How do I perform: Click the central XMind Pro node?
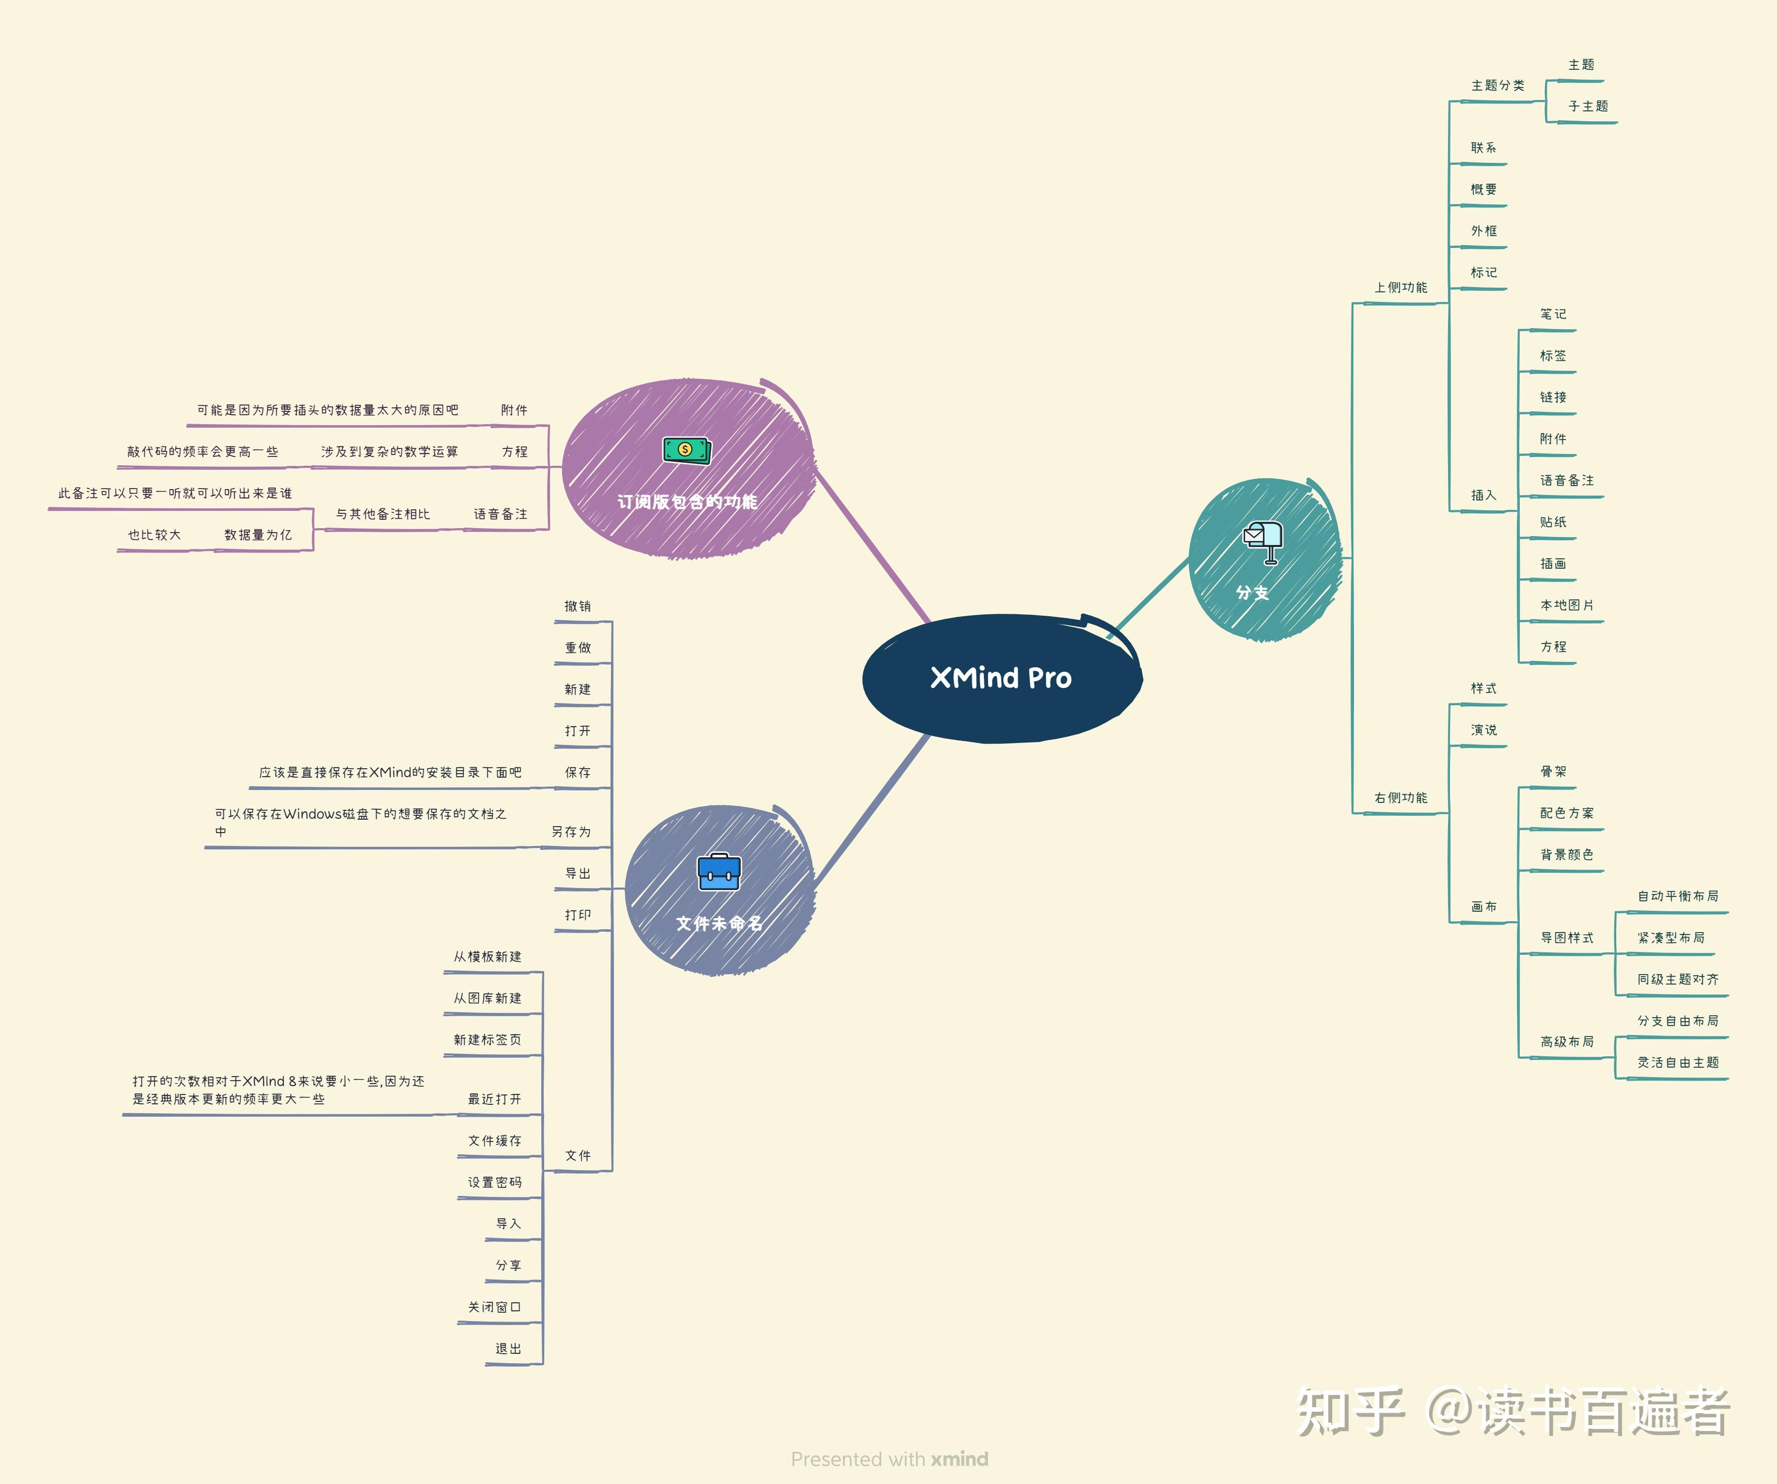1001,678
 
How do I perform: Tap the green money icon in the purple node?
686,450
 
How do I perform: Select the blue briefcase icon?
718,872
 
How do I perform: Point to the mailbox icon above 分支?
1263,540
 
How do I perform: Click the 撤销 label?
578,606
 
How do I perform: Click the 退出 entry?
509,1348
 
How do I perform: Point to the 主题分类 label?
1498,86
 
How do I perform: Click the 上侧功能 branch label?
1401,288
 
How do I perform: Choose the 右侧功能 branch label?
1401,797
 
